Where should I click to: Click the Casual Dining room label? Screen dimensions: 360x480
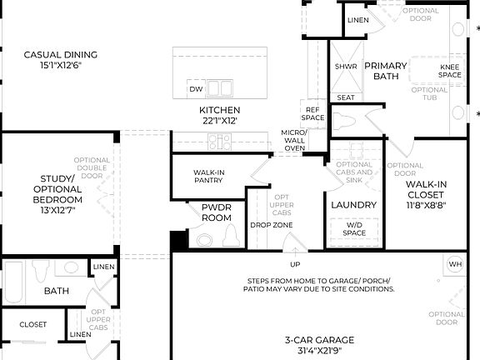click(x=60, y=59)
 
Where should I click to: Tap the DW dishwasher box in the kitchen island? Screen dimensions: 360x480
click(x=196, y=89)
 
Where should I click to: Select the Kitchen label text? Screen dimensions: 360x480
click(x=219, y=115)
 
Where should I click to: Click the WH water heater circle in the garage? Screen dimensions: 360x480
click(x=455, y=264)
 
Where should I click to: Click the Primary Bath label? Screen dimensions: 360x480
click(x=385, y=71)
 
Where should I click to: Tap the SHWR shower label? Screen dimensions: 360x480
click(x=346, y=66)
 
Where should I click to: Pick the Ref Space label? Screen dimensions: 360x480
click(x=313, y=113)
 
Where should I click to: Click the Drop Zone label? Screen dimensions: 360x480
click(x=271, y=226)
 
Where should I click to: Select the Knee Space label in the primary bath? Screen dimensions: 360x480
click(x=450, y=71)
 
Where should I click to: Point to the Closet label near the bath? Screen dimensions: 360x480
click(x=33, y=324)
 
